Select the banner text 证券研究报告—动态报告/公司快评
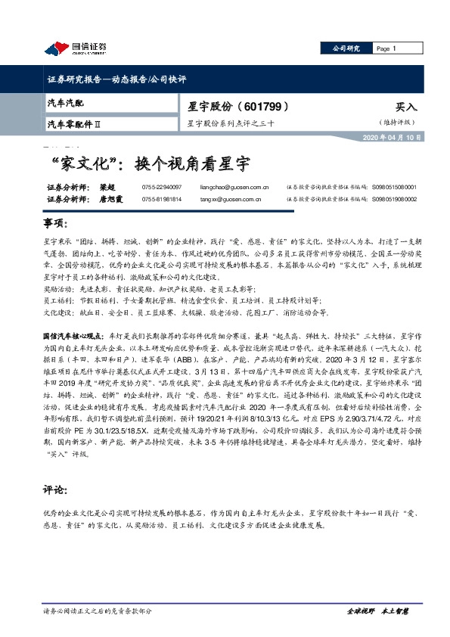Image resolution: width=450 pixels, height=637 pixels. [x=116, y=79]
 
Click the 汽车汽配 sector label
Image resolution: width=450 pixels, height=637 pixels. [x=66, y=101]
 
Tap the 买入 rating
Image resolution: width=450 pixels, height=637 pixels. [x=406, y=107]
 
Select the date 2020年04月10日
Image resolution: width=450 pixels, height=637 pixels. [x=391, y=138]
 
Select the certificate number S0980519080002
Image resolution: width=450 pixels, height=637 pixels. [x=393, y=199]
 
